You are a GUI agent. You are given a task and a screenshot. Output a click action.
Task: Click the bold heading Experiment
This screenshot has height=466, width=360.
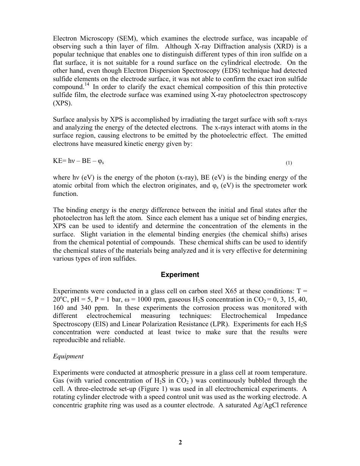[180, 275]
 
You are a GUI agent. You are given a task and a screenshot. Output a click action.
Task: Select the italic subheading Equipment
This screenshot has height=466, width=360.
[68, 357]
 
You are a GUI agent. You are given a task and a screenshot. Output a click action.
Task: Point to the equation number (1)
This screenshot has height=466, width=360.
[289, 163]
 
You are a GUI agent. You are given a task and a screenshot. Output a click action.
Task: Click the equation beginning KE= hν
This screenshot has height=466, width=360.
[79, 161]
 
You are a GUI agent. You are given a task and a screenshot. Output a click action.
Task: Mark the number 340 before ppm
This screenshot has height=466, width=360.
[79, 308]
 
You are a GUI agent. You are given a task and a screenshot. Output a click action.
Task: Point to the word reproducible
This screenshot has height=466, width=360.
[71, 340]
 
